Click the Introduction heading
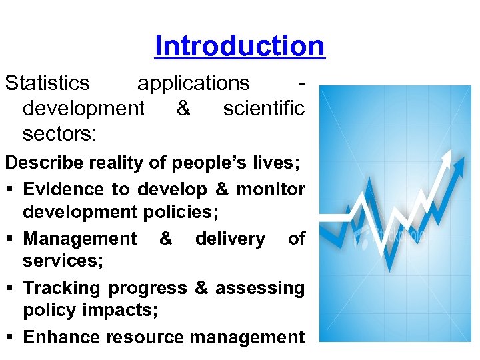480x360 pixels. point(239,46)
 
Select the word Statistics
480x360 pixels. point(47,83)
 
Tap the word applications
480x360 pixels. point(193,83)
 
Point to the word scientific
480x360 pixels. point(263,108)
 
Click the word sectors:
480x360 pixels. point(60,133)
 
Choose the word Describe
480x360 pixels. point(45,163)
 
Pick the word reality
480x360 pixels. point(119,163)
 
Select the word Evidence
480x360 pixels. point(63,189)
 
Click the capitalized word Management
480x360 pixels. point(79,238)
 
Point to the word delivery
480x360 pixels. point(230,238)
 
